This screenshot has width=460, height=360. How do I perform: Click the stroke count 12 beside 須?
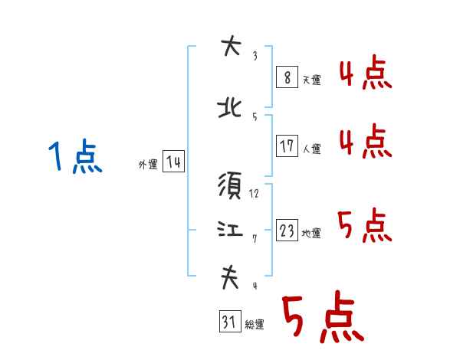click(x=255, y=194)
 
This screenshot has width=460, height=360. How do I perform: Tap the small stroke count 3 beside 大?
click(x=255, y=56)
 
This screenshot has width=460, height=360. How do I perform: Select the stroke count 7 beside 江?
click(x=255, y=238)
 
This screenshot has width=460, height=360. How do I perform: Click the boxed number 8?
click(x=287, y=77)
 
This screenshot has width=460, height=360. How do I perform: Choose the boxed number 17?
click(x=287, y=146)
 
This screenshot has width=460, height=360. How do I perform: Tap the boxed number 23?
click(x=287, y=231)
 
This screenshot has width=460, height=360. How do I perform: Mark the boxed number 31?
click(x=228, y=322)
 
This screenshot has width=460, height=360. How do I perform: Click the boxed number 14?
click(x=173, y=162)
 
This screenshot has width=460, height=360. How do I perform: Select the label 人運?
click(x=312, y=149)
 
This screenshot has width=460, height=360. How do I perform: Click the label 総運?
click(x=254, y=326)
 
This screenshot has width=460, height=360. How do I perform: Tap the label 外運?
click(x=147, y=165)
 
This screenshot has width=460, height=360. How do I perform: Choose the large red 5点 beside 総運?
click(x=322, y=318)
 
